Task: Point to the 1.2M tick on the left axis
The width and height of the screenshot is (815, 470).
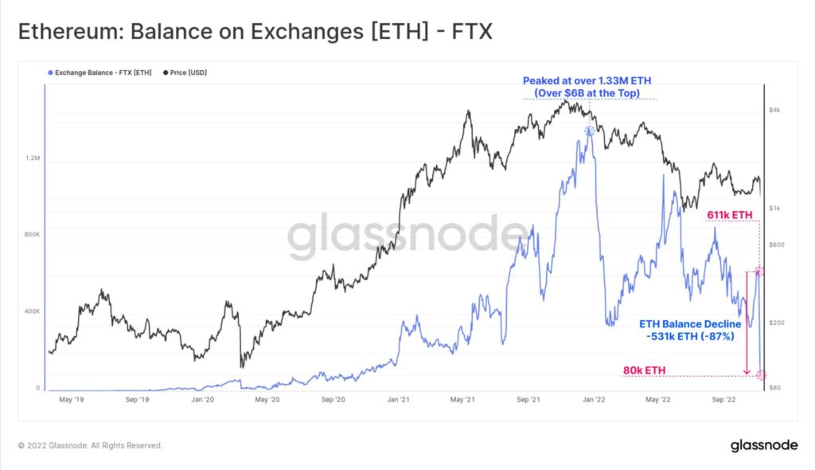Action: pos(33,159)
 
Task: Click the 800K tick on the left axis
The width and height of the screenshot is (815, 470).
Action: pos(32,235)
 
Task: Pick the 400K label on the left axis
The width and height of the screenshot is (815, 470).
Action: pos(32,311)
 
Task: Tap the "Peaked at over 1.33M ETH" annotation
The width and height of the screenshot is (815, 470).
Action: pos(590,80)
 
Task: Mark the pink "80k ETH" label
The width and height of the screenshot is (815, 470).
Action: pos(645,370)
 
